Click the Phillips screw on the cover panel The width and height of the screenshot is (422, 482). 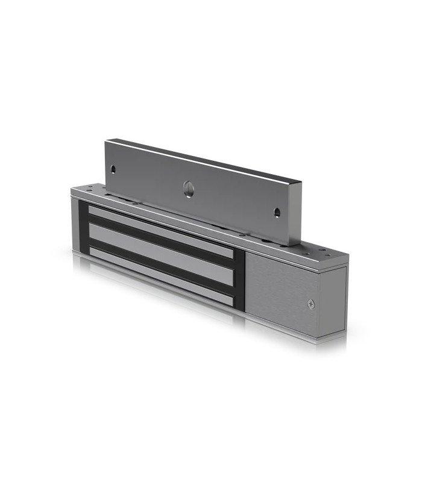pyautogui.click(x=311, y=304)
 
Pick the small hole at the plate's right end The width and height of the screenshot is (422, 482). pyautogui.click(x=277, y=213)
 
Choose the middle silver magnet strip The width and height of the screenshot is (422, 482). pyautogui.click(x=160, y=251)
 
